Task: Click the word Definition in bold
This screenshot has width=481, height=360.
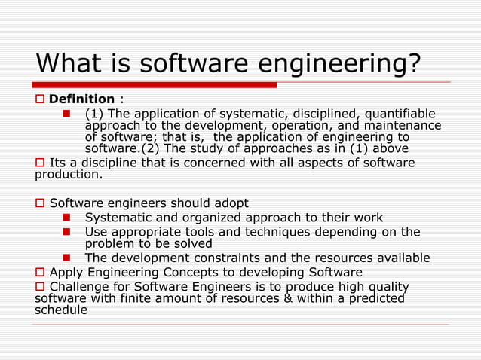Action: (x=81, y=99)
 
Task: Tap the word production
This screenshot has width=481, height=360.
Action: (x=69, y=175)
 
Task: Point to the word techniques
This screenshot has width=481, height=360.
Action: (x=265, y=232)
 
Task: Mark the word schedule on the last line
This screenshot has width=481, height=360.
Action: (x=61, y=310)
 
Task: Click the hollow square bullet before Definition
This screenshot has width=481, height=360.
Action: (x=41, y=99)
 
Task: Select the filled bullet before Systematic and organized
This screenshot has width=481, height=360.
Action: (x=66, y=218)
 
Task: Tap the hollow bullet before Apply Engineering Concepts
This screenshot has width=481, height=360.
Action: (x=41, y=272)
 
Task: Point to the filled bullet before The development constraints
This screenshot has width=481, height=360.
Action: (x=66, y=258)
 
